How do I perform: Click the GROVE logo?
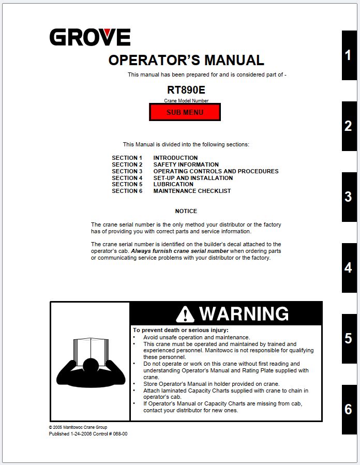(90, 38)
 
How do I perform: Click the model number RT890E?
(186, 89)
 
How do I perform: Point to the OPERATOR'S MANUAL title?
(186, 60)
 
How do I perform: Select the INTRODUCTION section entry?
(175, 158)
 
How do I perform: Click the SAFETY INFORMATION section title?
(186, 164)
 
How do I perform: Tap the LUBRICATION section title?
(173, 184)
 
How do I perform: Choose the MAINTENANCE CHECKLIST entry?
(192, 191)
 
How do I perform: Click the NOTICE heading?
(186, 211)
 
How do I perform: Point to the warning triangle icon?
(185, 314)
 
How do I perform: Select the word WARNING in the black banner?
(244, 314)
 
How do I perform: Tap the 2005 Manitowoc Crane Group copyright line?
(78, 428)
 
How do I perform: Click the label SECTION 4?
(127, 178)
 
